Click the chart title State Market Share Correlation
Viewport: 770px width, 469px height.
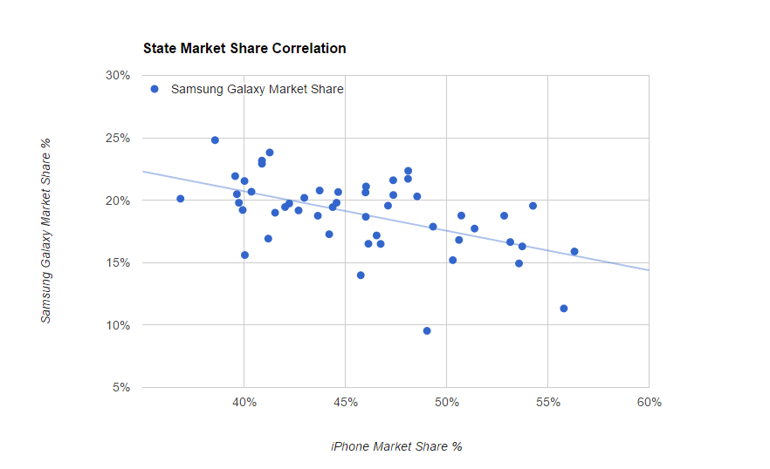point(244,49)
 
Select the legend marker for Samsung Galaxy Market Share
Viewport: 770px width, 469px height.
point(155,89)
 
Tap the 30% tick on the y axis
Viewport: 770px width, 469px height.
point(117,76)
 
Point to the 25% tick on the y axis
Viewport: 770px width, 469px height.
point(117,139)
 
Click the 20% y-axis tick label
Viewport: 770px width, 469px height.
point(117,201)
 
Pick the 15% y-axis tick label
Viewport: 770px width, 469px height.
point(117,263)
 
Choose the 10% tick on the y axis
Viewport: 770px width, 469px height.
point(117,326)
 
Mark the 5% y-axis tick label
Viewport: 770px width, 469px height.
point(120,388)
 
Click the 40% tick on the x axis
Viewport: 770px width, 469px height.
point(244,403)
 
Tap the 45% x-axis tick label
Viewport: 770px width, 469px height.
point(346,403)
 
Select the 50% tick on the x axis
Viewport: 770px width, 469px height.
point(447,403)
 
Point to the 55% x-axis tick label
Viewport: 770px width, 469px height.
point(548,403)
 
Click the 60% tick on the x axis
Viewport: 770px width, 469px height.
point(649,403)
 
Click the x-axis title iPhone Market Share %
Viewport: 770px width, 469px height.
point(396,446)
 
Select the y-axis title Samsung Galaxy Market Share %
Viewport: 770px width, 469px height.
point(46,230)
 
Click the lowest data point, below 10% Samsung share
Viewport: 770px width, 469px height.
point(427,331)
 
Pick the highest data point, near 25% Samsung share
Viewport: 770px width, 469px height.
point(215,140)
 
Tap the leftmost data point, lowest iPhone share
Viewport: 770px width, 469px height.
point(181,199)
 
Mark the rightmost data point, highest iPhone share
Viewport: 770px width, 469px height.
point(574,252)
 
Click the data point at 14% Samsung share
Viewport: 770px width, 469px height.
point(361,275)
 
